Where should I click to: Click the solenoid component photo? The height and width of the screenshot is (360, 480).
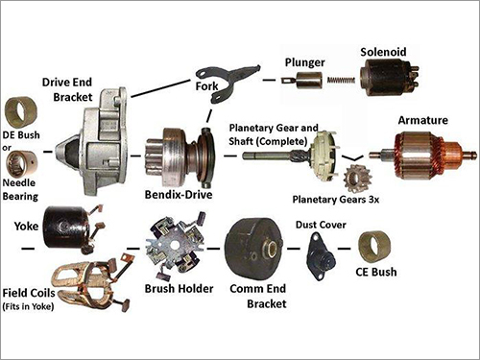pyautogui.click(x=389, y=77)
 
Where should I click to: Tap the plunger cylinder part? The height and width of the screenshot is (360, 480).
pyautogui.click(x=307, y=81)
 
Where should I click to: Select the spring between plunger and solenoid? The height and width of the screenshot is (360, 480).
pyautogui.click(x=341, y=81)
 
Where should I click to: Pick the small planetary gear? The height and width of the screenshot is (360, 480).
pyautogui.click(x=355, y=178)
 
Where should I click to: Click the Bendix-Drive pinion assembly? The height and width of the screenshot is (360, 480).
pyautogui.click(x=180, y=157)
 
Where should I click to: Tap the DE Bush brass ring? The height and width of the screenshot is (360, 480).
pyautogui.click(x=21, y=112)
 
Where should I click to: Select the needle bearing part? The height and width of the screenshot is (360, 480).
pyautogui.click(x=21, y=165)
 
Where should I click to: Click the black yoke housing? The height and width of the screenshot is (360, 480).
pyautogui.click(x=65, y=228)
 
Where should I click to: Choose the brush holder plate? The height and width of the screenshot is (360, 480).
pyautogui.click(x=175, y=245)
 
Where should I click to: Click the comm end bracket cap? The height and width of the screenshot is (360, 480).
pyautogui.click(x=254, y=247)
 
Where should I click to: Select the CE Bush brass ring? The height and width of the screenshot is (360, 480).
pyautogui.click(x=374, y=247)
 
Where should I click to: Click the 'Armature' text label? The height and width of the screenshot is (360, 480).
pyautogui.click(x=422, y=120)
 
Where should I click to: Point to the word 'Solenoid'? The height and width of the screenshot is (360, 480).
pyautogui.click(x=383, y=52)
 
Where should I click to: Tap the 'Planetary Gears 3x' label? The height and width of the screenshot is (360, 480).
pyautogui.click(x=336, y=200)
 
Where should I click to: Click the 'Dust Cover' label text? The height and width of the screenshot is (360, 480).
pyautogui.click(x=321, y=225)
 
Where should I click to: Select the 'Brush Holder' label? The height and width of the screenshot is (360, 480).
pyautogui.click(x=179, y=288)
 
